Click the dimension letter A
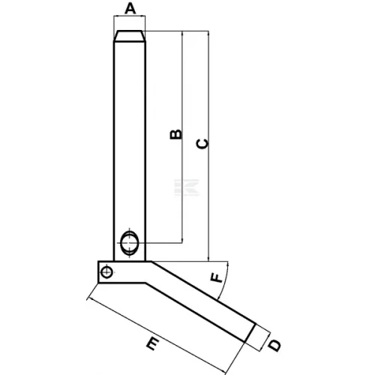pyautogui.click(x=130, y=9)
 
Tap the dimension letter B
pyautogui.click(x=175, y=134)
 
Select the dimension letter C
pyautogui.click(x=202, y=144)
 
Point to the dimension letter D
pyautogui.click(x=274, y=346)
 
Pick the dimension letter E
pyautogui.click(x=152, y=343)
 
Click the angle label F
pyautogui.click(x=216, y=278)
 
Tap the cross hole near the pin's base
pyautogui.click(x=129, y=243)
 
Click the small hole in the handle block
pyautogui.click(x=107, y=272)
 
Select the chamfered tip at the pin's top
pyautogui.click(x=130, y=36)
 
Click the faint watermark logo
pyautogui.click(x=187, y=187)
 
